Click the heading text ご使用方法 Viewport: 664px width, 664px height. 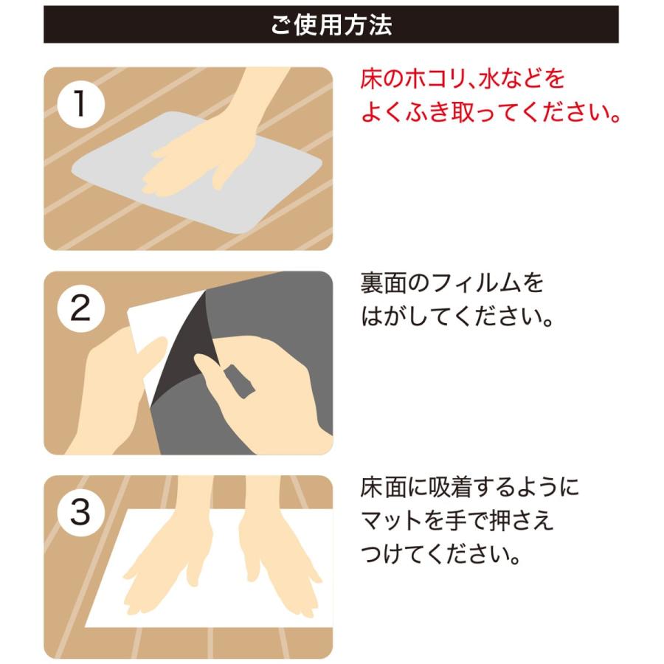[x=331, y=24]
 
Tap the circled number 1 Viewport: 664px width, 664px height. [x=80, y=105]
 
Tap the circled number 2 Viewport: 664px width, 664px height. [x=80, y=309]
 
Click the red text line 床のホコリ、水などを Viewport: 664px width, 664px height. [x=462, y=78]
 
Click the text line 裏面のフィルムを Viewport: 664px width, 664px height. [x=452, y=283]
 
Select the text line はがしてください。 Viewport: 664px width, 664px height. [x=457, y=318]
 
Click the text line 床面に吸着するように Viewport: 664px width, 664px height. [x=470, y=487]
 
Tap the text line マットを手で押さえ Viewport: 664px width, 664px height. [x=457, y=521]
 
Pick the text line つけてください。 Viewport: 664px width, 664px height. [x=440, y=556]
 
